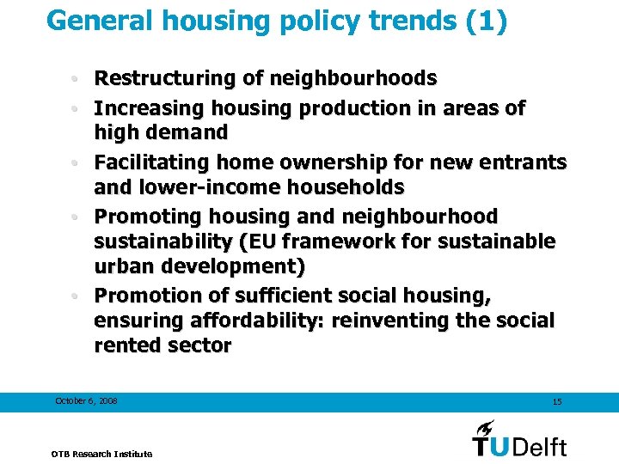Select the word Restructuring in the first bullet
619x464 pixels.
point(162,79)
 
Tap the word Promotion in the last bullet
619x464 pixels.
point(144,296)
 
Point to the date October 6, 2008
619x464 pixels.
point(86,401)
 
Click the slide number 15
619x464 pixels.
point(557,402)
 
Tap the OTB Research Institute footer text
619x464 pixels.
point(101,454)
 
